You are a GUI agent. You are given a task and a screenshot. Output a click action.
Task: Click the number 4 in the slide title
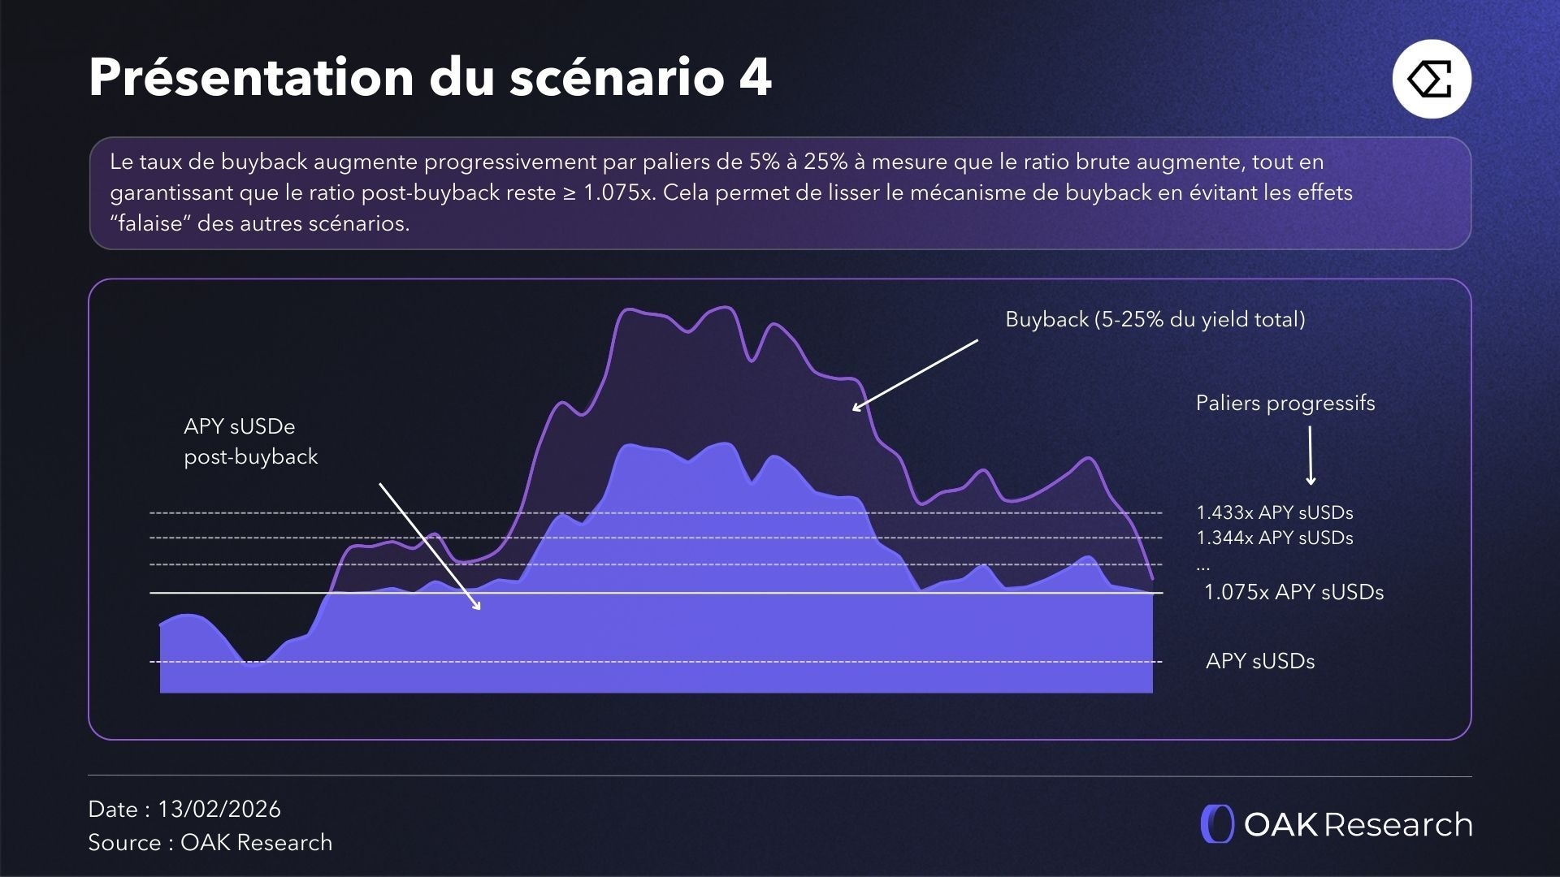(x=755, y=78)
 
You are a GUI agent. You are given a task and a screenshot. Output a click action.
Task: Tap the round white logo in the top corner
(x=1432, y=79)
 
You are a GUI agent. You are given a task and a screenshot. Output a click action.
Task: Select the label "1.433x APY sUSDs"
(x=1274, y=513)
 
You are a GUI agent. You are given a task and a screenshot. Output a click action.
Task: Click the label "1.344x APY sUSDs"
(x=1274, y=538)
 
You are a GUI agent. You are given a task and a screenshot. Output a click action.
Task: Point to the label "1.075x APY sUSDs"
(x=1293, y=592)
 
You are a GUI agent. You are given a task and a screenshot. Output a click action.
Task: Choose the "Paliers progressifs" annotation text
(x=1285, y=403)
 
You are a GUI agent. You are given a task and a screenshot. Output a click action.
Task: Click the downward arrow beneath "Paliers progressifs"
(x=1310, y=456)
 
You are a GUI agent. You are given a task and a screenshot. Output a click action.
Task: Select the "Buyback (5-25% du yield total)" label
(x=1155, y=319)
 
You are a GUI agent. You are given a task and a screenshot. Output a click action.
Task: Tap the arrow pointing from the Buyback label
(x=915, y=375)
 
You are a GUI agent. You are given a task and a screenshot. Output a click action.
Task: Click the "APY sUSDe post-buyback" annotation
(x=250, y=442)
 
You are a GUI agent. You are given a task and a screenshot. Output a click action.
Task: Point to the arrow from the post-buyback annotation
(x=430, y=547)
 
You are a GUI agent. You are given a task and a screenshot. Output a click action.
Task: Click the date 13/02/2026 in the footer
(x=219, y=809)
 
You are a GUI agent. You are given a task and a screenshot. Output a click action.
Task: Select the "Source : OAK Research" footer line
(x=210, y=842)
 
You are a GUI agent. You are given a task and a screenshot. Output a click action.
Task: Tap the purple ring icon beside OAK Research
(x=1216, y=824)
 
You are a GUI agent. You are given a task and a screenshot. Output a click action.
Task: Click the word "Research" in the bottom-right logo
(x=1398, y=824)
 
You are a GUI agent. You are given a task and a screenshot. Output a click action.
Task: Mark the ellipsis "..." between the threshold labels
(x=1203, y=566)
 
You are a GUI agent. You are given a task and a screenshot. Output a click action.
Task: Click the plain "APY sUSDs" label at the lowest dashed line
(x=1259, y=661)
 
